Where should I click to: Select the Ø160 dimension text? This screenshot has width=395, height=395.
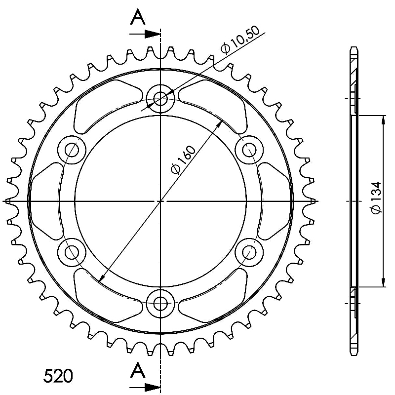tap(183, 159)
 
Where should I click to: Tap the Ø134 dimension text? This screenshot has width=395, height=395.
tap(376, 198)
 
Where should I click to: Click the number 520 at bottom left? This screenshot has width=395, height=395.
tap(58, 376)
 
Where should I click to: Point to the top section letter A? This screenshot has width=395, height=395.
tap(138, 17)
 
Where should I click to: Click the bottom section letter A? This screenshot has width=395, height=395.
tap(138, 370)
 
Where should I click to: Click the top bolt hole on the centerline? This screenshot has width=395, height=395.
tap(160, 98)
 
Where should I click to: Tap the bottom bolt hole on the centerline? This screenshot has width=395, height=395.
tap(160, 304)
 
